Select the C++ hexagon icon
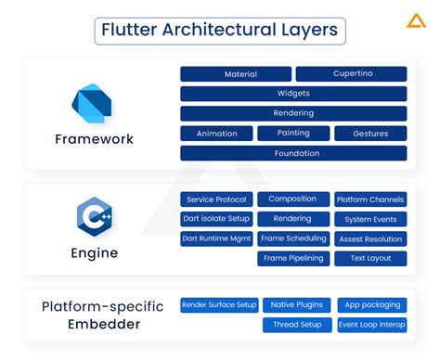[x=94, y=217]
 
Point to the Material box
[x=236, y=74]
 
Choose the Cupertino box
[x=351, y=74]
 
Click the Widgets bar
[x=293, y=94]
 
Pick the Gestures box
[x=369, y=134]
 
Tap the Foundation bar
[x=293, y=153]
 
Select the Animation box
[x=216, y=134]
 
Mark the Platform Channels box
[x=370, y=199]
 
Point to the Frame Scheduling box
[x=292, y=238]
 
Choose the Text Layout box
[x=370, y=259]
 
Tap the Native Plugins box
[x=296, y=304]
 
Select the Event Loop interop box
[x=370, y=325]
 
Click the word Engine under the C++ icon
[x=94, y=253]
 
